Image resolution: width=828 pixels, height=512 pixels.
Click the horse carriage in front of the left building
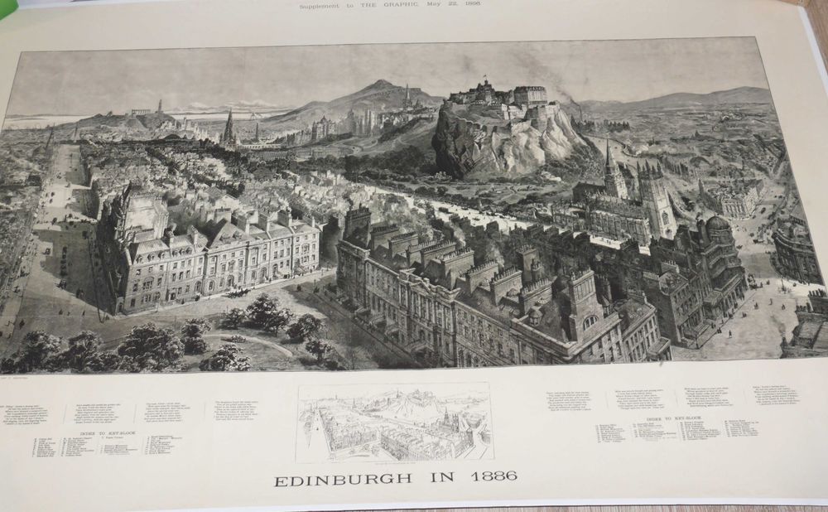[x=239, y=292]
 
